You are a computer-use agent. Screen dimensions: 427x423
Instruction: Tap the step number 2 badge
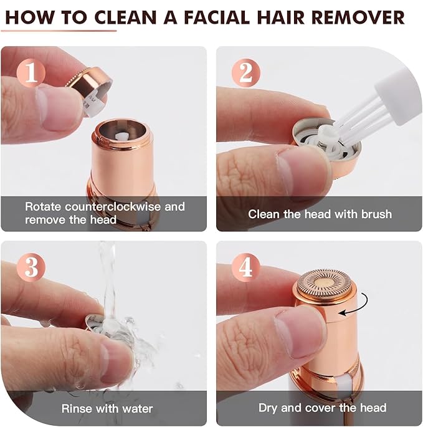(245, 74)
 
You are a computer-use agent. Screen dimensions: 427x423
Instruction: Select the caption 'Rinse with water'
(107, 409)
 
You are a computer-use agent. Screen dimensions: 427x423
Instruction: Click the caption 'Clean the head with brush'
(320, 214)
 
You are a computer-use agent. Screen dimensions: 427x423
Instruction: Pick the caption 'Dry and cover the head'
(322, 409)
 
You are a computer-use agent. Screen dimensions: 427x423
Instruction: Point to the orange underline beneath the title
(59, 30)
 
